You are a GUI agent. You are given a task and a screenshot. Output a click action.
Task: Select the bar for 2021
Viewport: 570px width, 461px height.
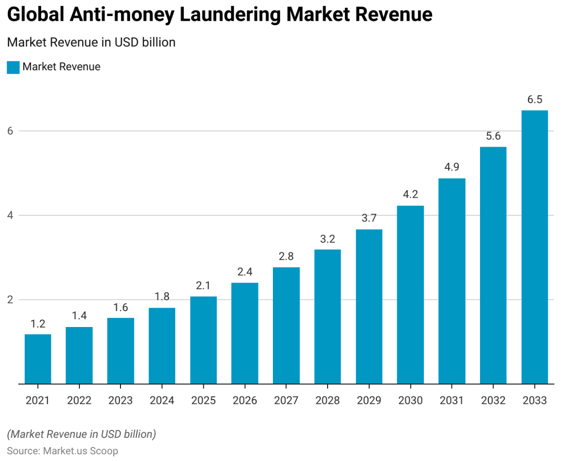click(x=38, y=359)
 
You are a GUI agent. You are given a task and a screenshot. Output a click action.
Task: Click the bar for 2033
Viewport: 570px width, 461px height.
click(x=534, y=247)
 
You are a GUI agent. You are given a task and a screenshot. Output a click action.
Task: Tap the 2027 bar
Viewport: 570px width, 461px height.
click(x=286, y=326)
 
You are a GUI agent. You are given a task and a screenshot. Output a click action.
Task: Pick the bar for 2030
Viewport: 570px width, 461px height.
click(x=410, y=295)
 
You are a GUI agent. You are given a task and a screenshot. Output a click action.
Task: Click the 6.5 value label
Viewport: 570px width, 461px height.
click(x=535, y=100)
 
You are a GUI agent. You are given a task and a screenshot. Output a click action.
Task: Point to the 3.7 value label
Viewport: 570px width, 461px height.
click(x=369, y=218)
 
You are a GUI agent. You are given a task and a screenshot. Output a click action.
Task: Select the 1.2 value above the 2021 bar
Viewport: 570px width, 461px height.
click(x=38, y=324)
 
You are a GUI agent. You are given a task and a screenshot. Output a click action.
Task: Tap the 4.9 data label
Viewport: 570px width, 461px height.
click(x=452, y=167)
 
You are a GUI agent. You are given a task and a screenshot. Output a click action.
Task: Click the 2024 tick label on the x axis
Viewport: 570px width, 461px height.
click(x=162, y=401)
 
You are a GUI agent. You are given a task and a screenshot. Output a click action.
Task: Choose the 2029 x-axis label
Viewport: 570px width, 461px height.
click(x=369, y=401)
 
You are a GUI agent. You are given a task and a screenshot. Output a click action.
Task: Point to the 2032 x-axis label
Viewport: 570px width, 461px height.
click(x=493, y=401)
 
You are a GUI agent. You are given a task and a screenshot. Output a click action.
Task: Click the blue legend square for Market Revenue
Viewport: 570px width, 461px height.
click(x=13, y=67)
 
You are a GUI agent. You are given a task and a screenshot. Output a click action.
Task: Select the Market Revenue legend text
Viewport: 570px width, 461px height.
click(x=61, y=67)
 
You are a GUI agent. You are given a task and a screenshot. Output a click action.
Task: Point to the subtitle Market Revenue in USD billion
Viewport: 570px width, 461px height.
click(x=91, y=43)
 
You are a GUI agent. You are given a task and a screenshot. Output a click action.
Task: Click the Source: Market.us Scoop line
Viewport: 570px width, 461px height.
click(x=62, y=451)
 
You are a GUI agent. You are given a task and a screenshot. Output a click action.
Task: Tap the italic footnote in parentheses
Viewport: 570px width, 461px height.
click(x=81, y=434)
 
